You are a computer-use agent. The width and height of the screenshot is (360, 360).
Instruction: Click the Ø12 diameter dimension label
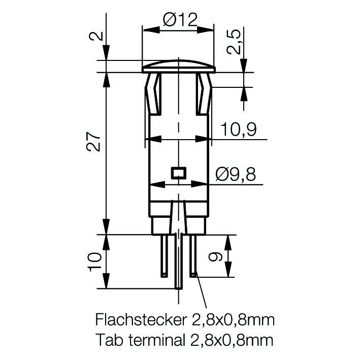[x=179, y=20]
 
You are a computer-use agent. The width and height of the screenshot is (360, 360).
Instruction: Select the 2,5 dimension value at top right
[x=233, y=41]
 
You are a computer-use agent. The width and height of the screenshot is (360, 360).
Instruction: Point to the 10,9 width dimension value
[x=238, y=130]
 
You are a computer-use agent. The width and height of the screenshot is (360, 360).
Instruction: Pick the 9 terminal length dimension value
[x=215, y=256]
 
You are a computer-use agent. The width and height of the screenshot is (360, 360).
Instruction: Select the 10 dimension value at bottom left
[x=94, y=261]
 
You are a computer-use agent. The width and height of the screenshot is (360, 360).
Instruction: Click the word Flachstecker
[x=139, y=320]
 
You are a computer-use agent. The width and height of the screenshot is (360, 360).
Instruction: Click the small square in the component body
[x=178, y=173]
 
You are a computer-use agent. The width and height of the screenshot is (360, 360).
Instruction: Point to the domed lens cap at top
[x=178, y=65]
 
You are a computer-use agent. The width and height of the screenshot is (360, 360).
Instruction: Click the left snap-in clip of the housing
[x=153, y=94]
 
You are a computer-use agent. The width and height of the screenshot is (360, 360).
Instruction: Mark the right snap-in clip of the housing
[x=204, y=94]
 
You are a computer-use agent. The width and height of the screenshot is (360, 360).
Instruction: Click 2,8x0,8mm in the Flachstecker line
[x=232, y=320]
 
